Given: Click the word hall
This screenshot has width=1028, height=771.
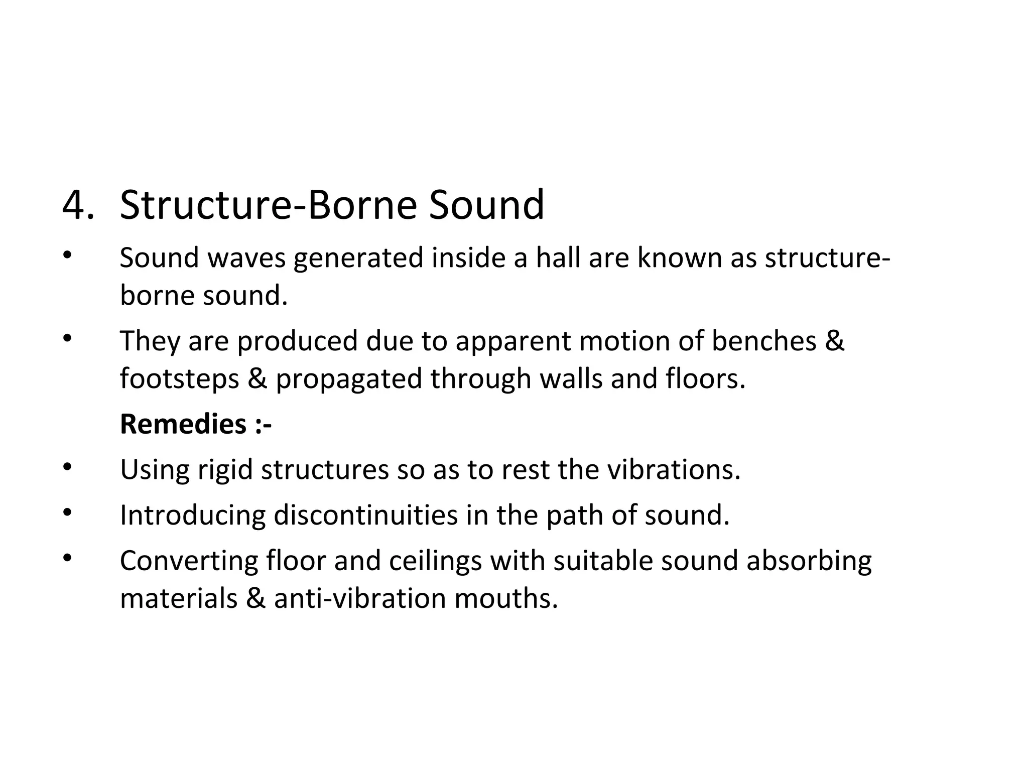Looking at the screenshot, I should point(558,258).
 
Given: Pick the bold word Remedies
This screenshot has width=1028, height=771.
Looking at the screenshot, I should point(183,424).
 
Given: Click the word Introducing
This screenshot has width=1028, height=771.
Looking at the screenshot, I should point(193,516).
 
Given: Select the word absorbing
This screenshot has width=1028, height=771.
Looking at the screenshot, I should point(809,561).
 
